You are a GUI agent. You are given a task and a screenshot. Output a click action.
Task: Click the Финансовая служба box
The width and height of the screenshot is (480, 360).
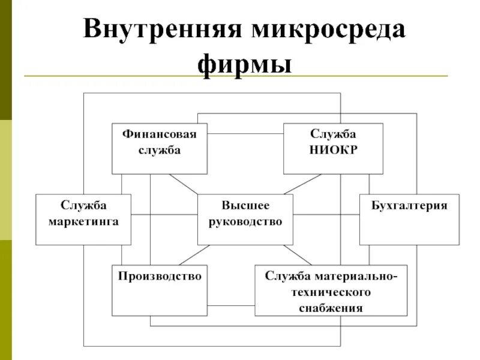tap(159, 149)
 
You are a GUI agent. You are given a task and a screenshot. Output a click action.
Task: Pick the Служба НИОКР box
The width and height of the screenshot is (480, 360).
tap(333, 149)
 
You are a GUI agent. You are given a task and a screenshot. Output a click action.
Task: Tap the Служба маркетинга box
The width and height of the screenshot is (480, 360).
tap(83, 220)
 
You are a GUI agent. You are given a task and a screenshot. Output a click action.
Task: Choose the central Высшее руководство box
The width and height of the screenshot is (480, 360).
tap(245, 220)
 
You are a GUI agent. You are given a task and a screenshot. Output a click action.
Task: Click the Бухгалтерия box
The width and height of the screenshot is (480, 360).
tap(409, 220)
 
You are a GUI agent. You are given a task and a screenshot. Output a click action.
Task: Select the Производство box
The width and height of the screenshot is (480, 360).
tap(159, 290)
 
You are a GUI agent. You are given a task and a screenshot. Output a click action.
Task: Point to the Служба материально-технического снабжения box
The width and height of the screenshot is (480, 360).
tap(331, 290)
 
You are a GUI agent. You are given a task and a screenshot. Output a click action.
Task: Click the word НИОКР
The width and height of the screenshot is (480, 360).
tap(333, 150)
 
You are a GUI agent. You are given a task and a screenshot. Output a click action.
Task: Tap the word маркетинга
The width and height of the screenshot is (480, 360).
tap(83, 221)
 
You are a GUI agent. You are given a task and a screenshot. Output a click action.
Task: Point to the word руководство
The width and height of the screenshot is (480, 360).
tap(245, 221)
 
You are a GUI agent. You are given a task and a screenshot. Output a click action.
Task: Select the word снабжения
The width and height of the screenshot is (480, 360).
tap(331, 308)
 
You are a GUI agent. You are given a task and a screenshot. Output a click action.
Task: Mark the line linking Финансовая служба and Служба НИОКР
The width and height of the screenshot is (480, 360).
tap(245, 133)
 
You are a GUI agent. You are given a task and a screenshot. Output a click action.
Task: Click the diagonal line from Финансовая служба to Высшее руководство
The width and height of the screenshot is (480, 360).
tap(183, 184)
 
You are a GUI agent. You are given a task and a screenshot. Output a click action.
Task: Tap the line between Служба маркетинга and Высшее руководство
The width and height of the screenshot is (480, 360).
tap(164, 215)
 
